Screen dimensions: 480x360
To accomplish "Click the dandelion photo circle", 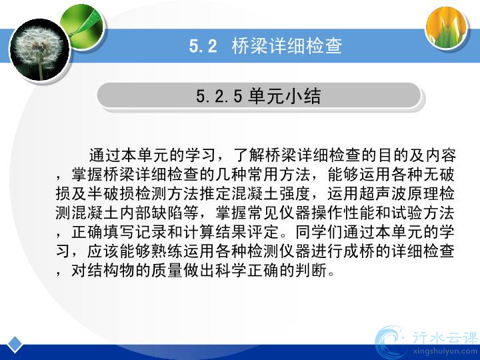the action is click(x=40, y=50).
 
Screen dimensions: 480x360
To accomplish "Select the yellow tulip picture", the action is click(x=447, y=27).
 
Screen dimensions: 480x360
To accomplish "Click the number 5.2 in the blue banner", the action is click(x=203, y=46).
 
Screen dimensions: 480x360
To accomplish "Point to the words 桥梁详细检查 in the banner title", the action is click(x=287, y=46).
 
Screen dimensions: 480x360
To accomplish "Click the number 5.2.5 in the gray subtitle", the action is click(x=219, y=96).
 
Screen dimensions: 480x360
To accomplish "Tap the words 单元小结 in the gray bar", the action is click(x=285, y=96).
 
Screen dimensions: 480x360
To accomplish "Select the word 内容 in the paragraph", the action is click(x=440, y=155).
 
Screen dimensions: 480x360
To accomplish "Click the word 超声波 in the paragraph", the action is click(x=383, y=194).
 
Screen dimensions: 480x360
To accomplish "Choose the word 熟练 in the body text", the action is click(x=167, y=251).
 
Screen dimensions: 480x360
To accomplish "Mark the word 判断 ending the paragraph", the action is click(x=311, y=270).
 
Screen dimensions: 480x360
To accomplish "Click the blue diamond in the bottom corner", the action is click(x=15, y=344).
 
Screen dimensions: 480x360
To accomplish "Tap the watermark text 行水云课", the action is click(x=445, y=338).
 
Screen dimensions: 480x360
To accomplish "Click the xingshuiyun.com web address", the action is click(x=445, y=351).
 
